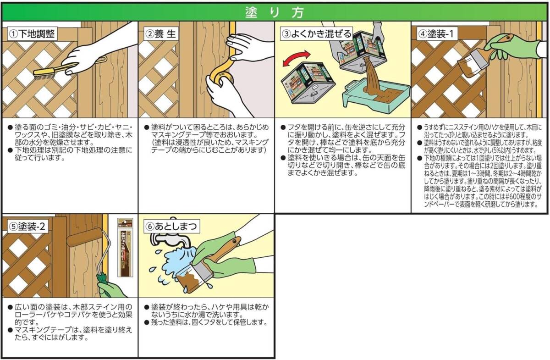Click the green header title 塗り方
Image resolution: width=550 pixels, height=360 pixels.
point(275,12)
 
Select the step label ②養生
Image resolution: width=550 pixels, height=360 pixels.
point(160,33)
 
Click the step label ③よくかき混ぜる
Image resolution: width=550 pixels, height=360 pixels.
point(317,33)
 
